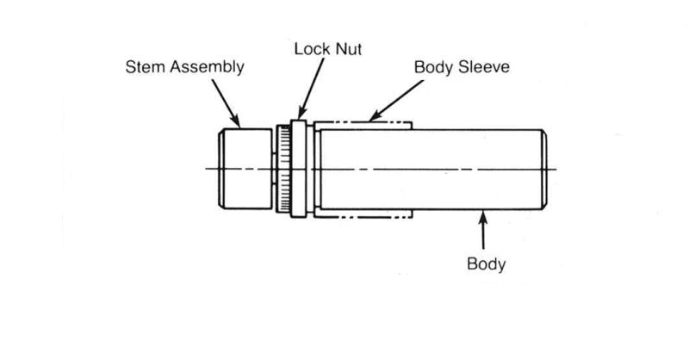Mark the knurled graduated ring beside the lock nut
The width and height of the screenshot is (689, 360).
(x=282, y=169)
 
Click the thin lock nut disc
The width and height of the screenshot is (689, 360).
(x=299, y=168)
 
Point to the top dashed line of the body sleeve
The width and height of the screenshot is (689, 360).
(x=362, y=121)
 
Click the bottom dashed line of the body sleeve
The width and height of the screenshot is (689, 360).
(x=362, y=216)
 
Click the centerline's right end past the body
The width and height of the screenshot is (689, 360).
(x=556, y=169)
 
